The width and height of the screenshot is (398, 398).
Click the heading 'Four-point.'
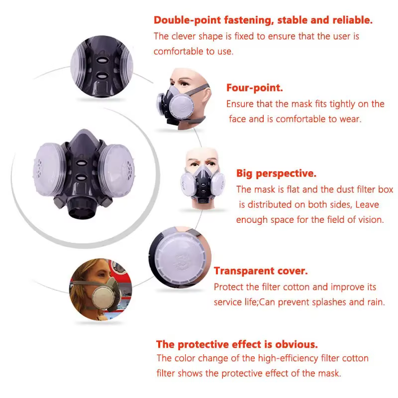pos(254,88)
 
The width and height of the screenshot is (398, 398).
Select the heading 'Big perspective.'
pos(276,173)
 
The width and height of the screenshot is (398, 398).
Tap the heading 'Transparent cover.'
pos(261,271)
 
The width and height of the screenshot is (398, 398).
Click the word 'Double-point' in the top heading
pos(188,20)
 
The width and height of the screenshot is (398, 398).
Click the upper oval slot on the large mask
pos(82,163)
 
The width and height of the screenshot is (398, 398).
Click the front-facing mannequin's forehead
pos(202,153)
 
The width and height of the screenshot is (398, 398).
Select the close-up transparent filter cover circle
pos(180,257)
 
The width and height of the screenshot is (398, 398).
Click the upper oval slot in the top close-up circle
pos(102,60)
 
